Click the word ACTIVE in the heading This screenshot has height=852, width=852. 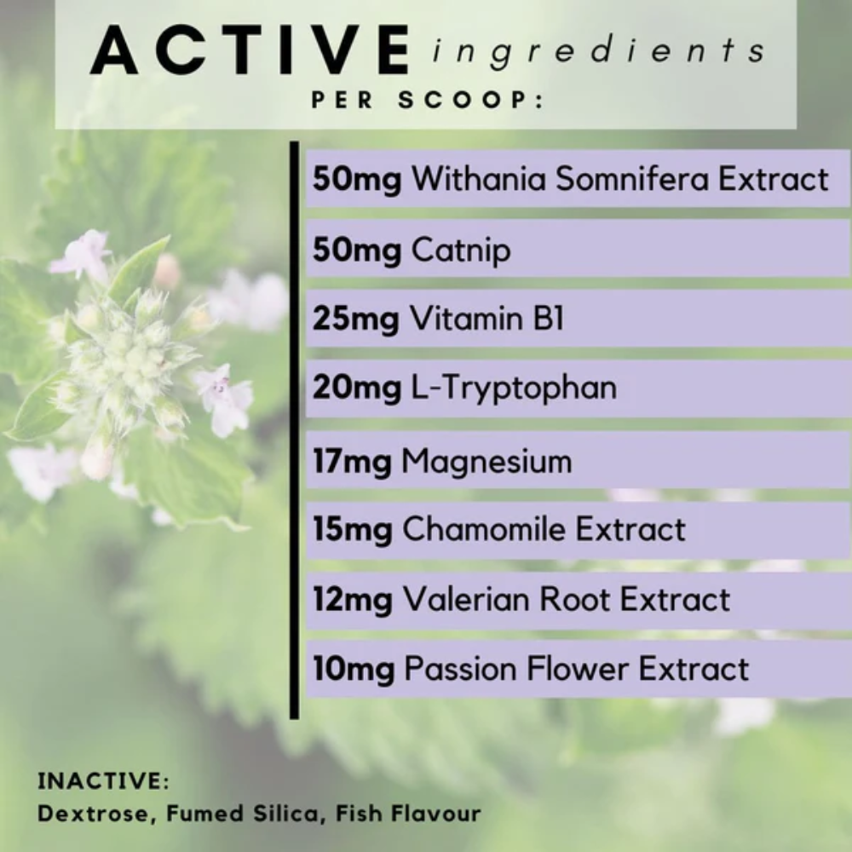tap(250, 50)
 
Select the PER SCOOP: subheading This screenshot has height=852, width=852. tap(427, 100)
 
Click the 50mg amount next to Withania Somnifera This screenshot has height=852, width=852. tap(357, 179)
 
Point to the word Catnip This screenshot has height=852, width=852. tap(461, 251)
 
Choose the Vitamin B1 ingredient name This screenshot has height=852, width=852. tap(486, 318)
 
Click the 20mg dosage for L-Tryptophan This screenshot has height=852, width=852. tap(357, 389)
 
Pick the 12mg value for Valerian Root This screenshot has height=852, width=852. tap(352, 600)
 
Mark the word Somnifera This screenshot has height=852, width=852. tap(632, 178)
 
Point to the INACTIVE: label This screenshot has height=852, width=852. tap(104, 780)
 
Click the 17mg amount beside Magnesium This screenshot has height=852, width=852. tap(352, 462)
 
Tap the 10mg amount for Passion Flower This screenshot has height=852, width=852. tap(354, 669)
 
